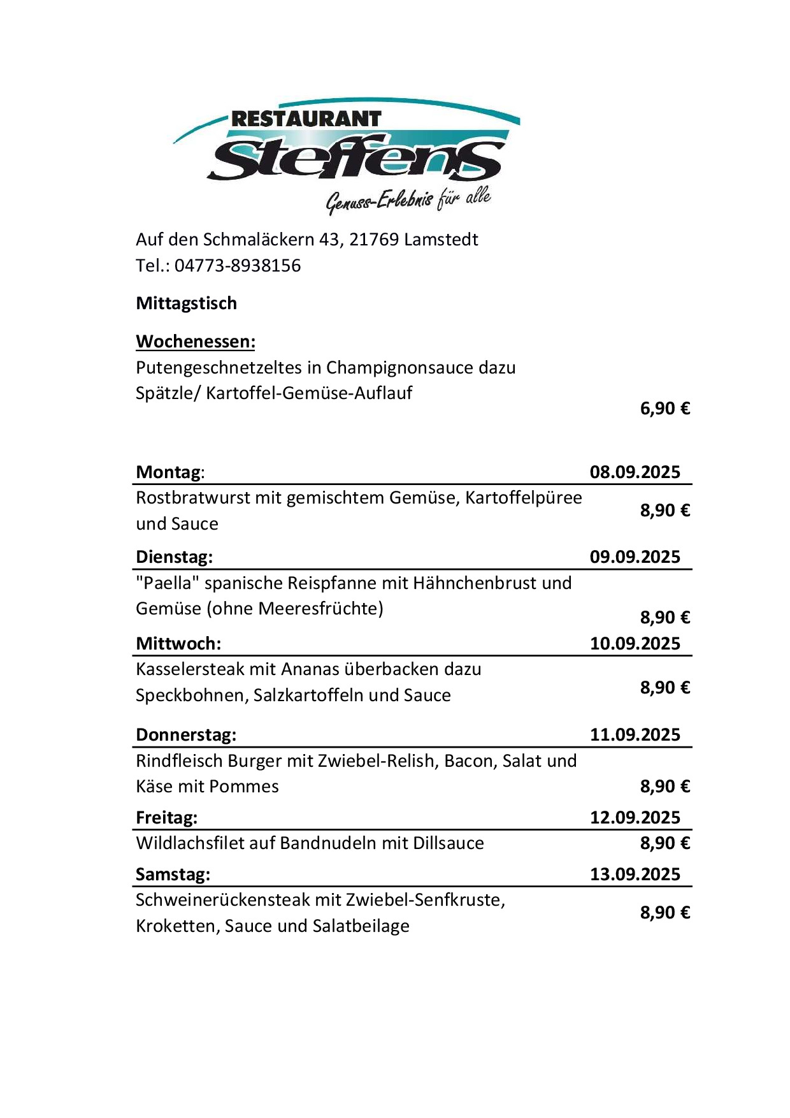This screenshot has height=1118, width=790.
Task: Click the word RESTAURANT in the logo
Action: pyautogui.click(x=306, y=119)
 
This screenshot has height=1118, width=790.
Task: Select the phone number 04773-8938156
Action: pyautogui.click(x=238, y=266)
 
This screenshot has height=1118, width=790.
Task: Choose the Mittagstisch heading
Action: pyautogui.click(x=186, y=303)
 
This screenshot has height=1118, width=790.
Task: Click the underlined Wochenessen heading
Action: pyautogui.click(x=196, y=342)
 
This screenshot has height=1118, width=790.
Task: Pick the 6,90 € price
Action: pyautogui.click(x=664, y=409)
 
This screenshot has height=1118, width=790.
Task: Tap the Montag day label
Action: pyautogui.click(x=169, y=472)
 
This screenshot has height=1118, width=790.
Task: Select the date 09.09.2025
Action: pyautogui.click(x=635, y=557)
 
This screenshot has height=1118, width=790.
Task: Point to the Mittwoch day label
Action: pyautogui.click(x=178, y=644)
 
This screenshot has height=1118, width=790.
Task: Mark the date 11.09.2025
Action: pyautogui.click(x=635, y=735)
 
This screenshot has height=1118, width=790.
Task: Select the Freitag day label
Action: pyautogui.click(x=166, y=818)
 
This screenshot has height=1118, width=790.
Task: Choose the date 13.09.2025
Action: pyautogui.click(x=635, y=875)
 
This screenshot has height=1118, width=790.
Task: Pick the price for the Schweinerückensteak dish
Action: pyautogui.click(x=664, y=913)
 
